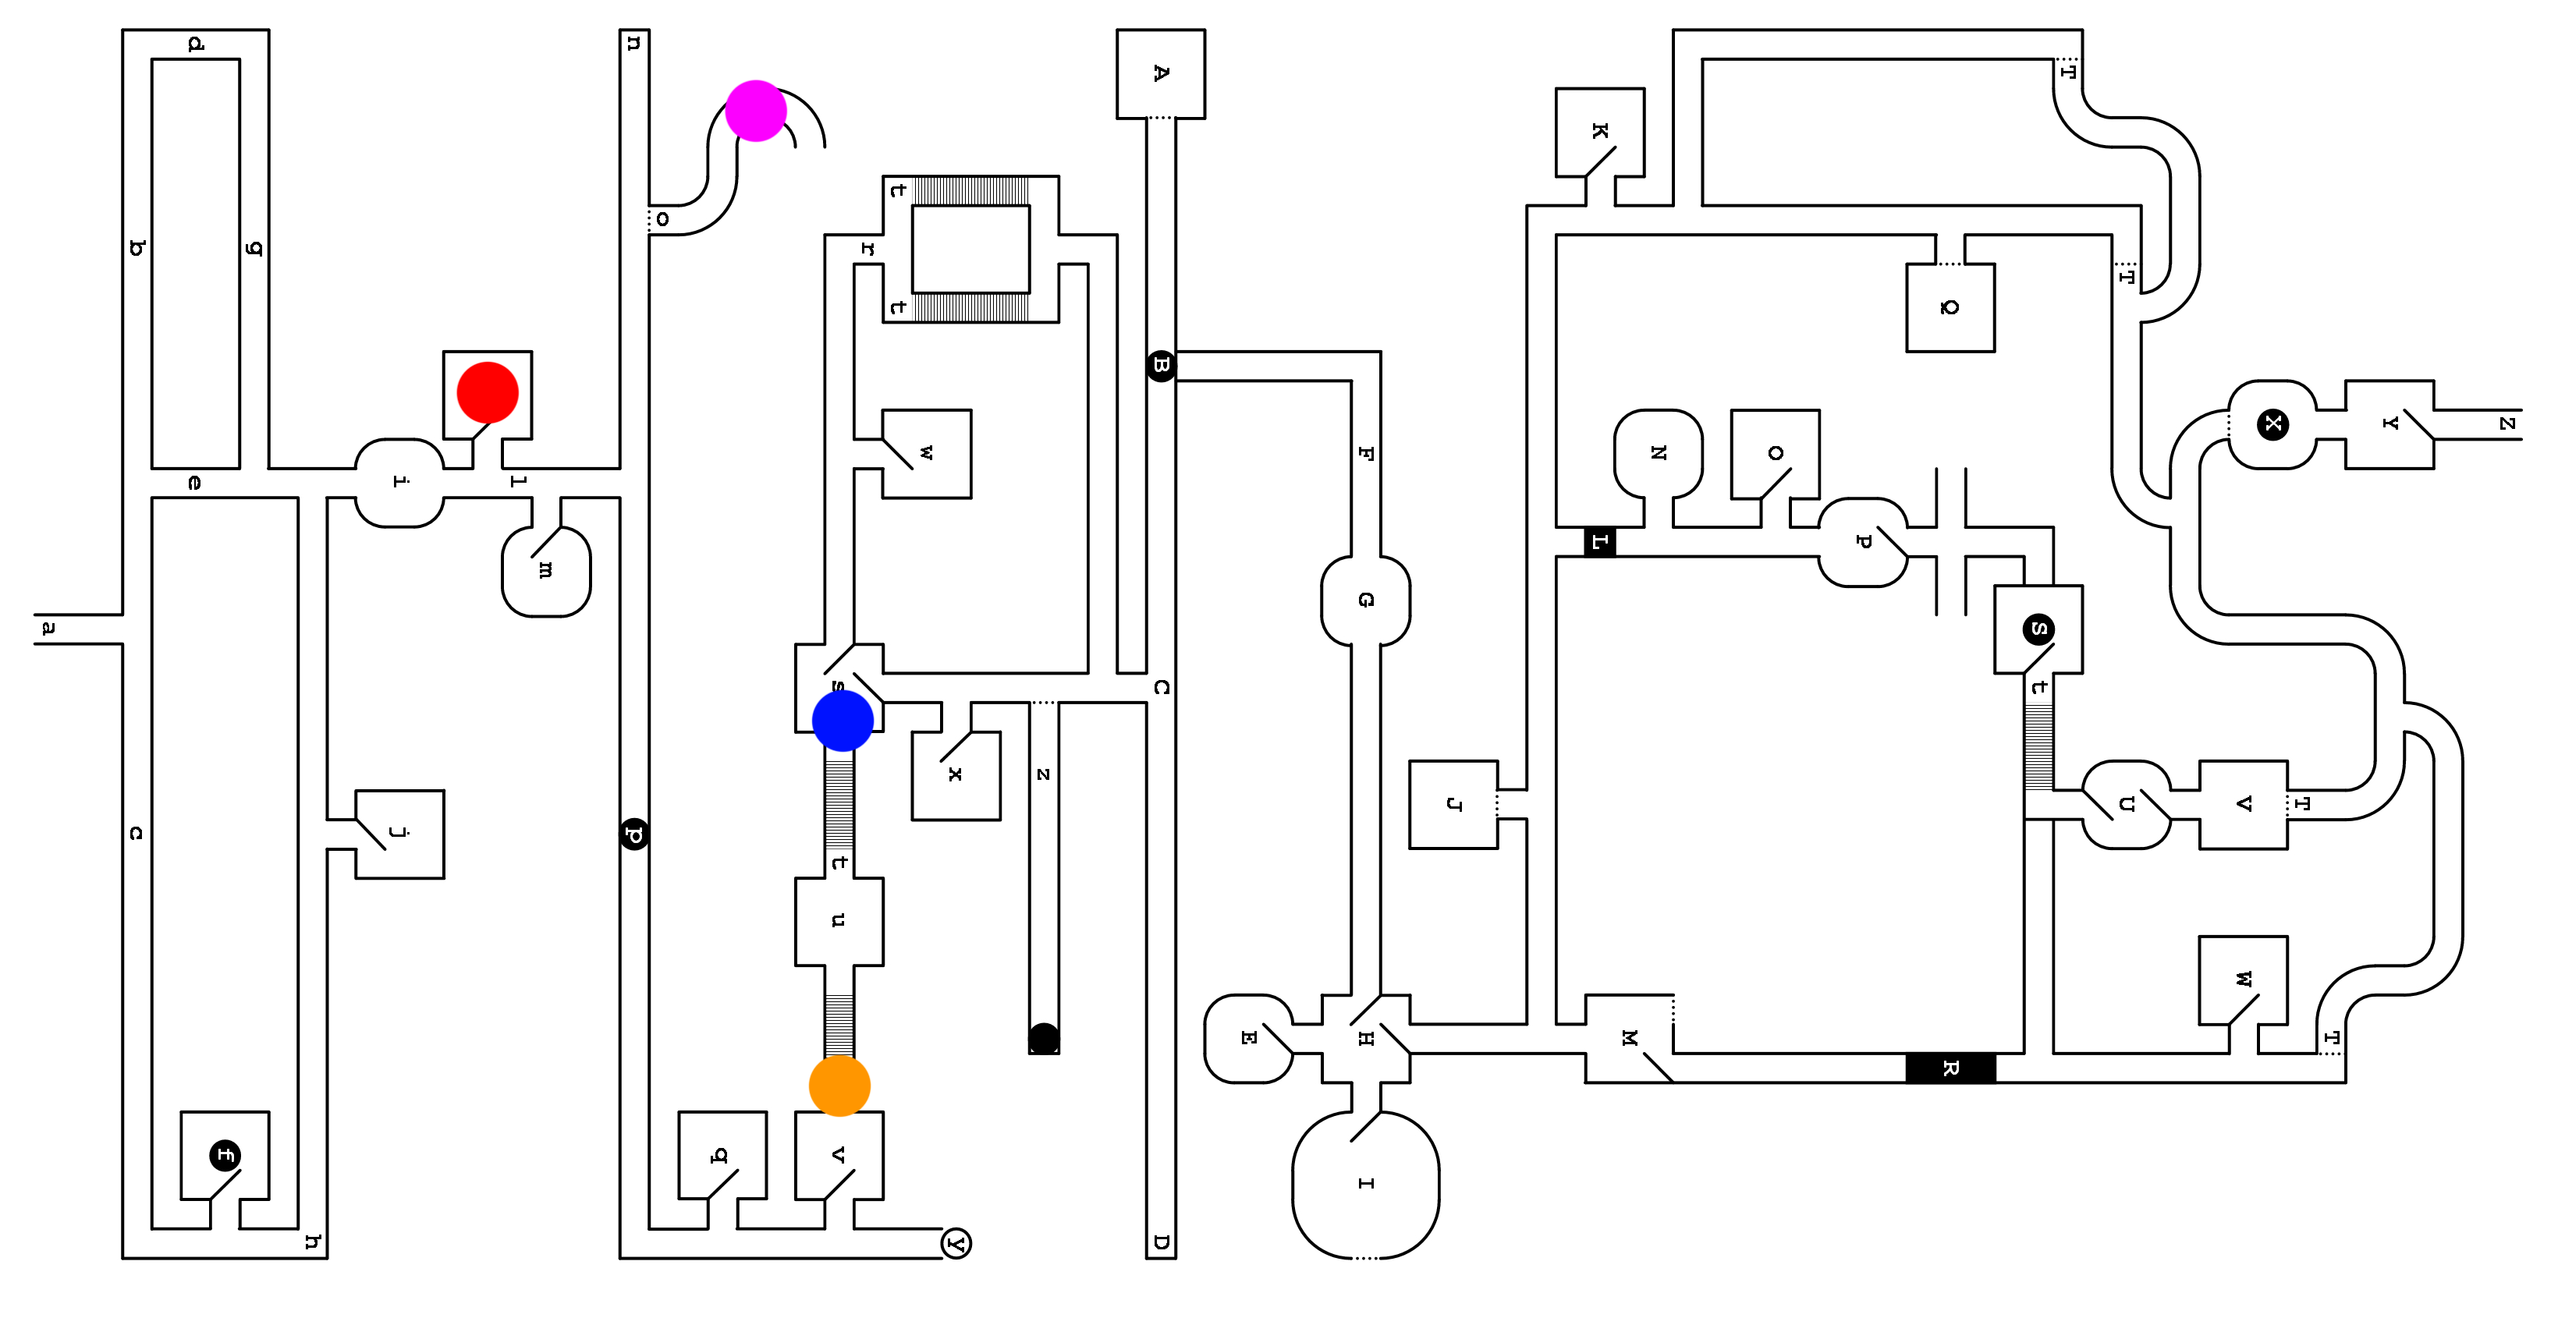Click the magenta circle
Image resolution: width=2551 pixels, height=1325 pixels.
coord(756,111)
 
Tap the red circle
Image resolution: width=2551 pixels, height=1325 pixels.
coord(488,392)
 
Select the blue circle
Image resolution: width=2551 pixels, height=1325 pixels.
coord(843,721)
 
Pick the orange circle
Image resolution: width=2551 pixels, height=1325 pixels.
coord(839,1086)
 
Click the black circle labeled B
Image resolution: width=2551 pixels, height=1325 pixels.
coord(1161,366)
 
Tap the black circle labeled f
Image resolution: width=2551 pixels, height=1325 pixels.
coord(225,1155)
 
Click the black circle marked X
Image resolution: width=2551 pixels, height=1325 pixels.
coord(2272,423)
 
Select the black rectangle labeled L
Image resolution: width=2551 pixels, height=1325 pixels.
coord(1599,542)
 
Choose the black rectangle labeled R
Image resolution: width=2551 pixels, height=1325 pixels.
coord(1950,1068)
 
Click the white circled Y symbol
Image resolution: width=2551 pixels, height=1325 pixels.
coord(956,1243)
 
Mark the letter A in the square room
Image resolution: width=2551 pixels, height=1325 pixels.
coord(1161,73)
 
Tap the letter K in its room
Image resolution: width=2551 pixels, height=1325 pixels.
coord(1599,131)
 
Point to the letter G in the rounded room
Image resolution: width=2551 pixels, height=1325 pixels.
coord(1366,601)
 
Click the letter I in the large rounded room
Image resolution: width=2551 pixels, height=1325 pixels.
coord(1366,1183)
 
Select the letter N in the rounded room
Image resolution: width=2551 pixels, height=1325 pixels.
coord(1658,452)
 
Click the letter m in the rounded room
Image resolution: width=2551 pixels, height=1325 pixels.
coord(545,570)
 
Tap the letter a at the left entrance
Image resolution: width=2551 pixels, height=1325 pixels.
coord(48,629)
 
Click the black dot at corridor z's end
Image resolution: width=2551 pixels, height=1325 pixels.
coord(1044,1038)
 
